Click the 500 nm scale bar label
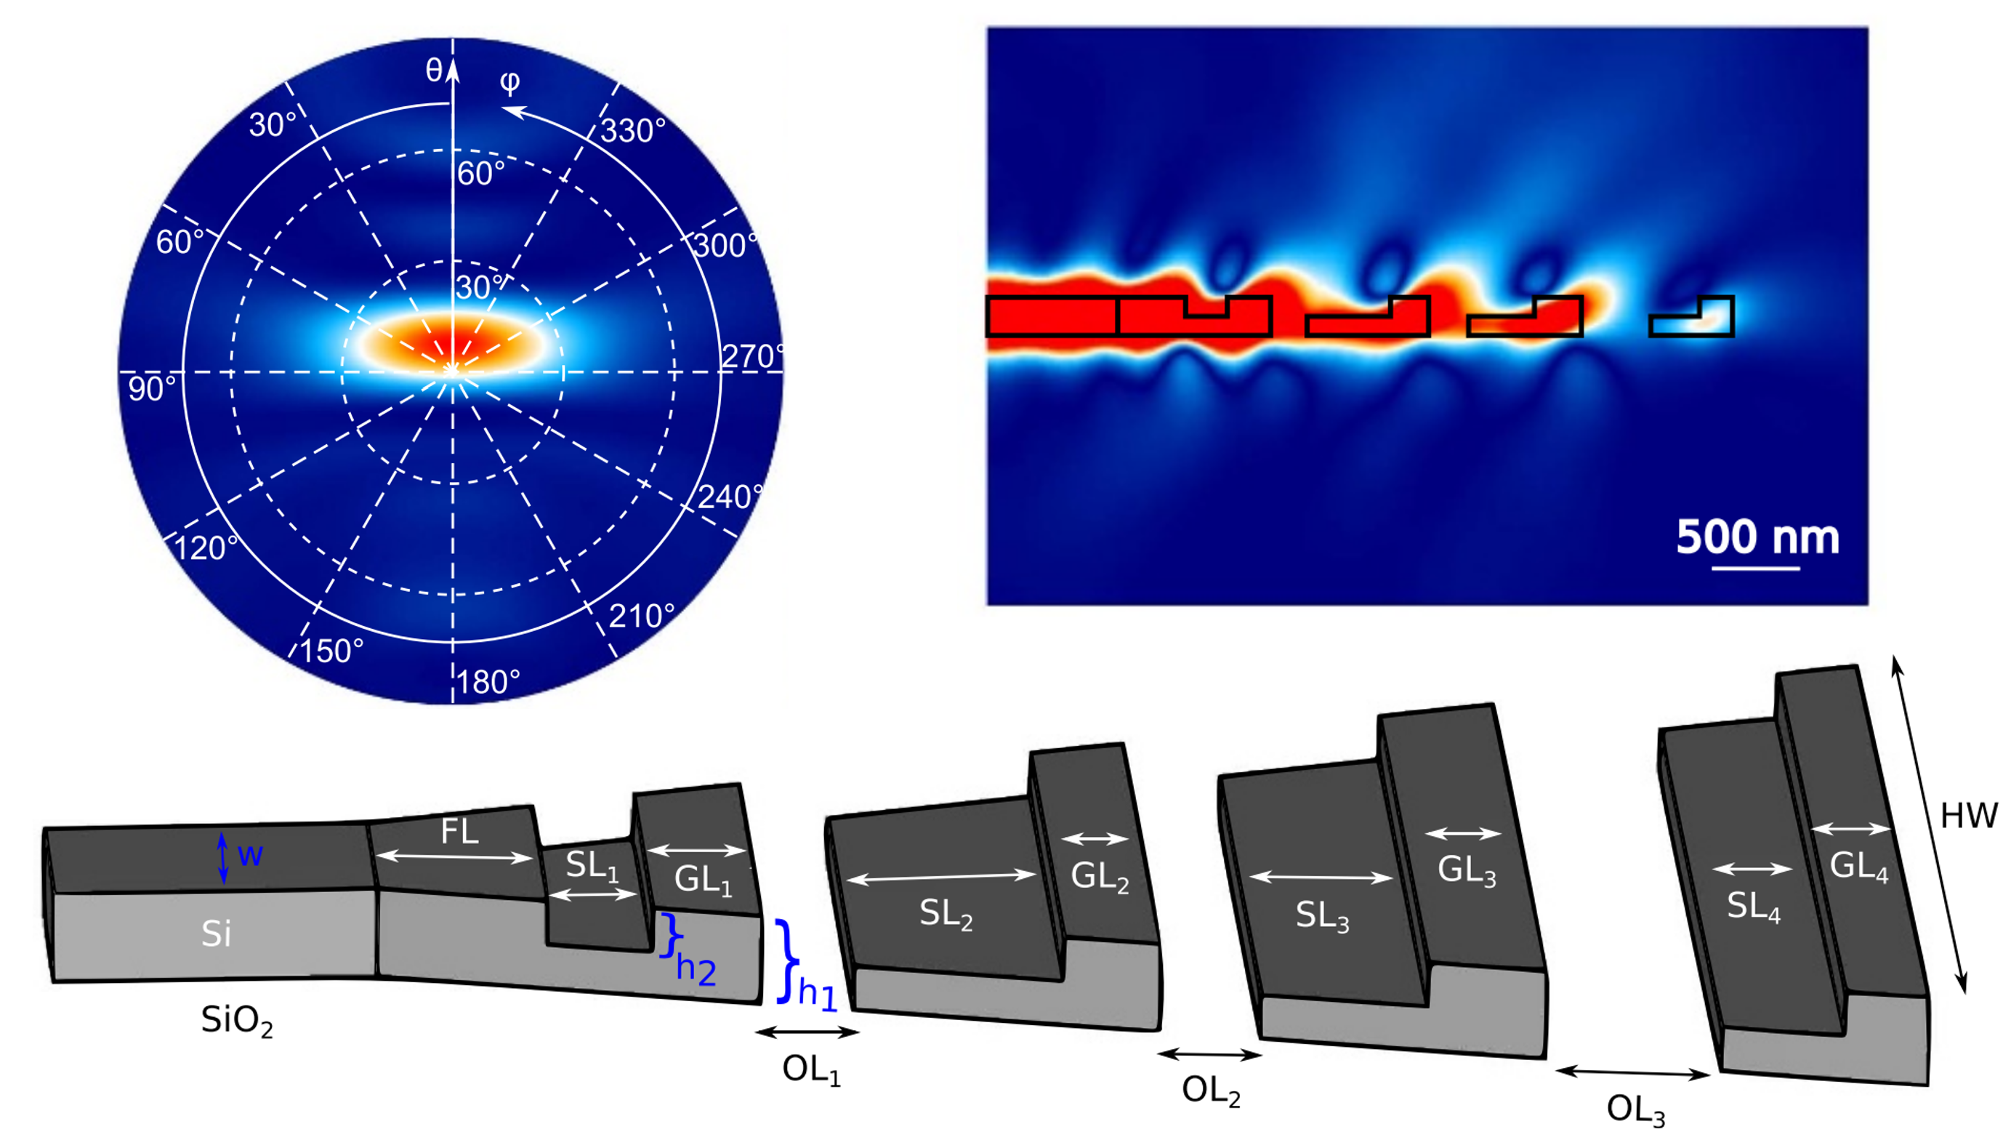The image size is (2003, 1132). [1757, 537]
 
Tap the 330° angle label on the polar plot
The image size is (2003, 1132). [633, 131]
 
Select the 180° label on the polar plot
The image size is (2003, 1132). [488, 682]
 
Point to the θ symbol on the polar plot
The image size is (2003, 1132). [434, 71]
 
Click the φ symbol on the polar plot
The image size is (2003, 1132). [510, 81]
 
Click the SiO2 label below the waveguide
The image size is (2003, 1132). [236, 1020]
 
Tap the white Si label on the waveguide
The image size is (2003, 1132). [216, 933]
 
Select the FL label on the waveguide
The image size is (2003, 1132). [459, 832]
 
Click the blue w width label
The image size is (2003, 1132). [250, 856]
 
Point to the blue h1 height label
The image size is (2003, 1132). [816, 994]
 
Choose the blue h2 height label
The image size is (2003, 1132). [695, 969]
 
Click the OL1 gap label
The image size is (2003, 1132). [811, 1069]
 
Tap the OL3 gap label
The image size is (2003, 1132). [1635, 1109]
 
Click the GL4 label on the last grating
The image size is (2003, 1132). [1859, 866]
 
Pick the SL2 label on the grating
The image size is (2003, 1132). [946, 913]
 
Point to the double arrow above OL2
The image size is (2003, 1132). [1209, 1055]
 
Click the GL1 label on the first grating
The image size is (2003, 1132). [703, 880]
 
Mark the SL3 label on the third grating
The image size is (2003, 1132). [1322, 916]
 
